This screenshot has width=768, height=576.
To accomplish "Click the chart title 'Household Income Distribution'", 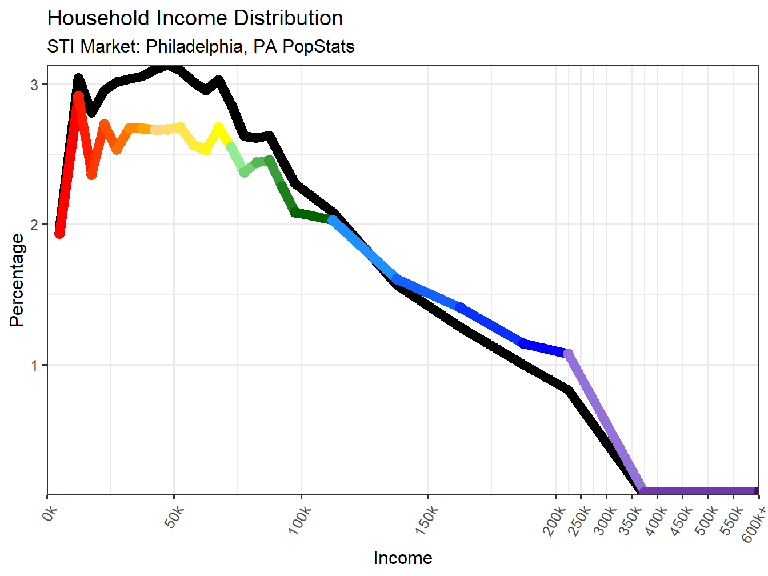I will coord(195,18).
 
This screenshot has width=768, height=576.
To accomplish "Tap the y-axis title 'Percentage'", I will coord(17,280).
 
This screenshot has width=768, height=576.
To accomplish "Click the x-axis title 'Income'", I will coord(403,558).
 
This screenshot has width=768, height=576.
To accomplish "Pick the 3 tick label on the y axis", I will coord(34,85).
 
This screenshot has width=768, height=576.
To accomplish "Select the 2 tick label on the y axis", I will coord(34,225).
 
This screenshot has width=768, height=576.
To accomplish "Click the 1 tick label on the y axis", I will coord(34,365).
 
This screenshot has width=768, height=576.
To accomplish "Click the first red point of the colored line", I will coord(59,233).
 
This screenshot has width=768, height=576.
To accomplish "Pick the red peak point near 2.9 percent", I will coord(79,97).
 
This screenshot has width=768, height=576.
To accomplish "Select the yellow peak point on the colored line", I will coord(218,127).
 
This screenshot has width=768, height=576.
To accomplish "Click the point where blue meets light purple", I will coord(568,354).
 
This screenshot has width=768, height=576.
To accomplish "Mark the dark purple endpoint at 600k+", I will coord(757,491).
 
